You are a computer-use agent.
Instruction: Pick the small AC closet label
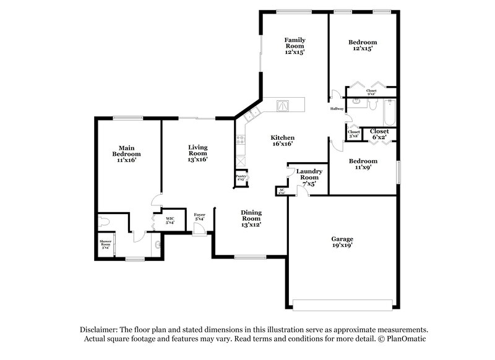(282, 192)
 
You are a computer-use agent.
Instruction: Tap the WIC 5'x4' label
(170, 220)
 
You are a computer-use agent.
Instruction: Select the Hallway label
(337, 109)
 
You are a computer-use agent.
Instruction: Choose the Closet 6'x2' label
(379, 134)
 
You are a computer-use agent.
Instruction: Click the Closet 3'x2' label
(354, 134)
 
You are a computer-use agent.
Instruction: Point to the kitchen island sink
(283, 106)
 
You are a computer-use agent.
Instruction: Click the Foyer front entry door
(199, 229)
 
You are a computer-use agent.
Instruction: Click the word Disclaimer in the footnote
(100, 330)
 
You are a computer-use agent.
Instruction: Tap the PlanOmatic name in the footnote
(406, 340)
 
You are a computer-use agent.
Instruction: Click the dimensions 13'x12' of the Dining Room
(251, 225)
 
